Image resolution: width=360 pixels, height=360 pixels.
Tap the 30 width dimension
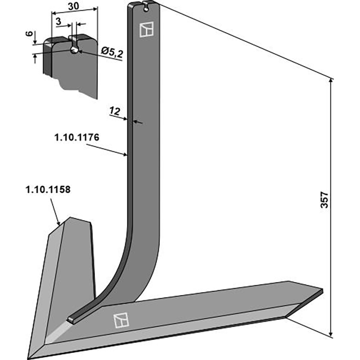coord(74,7)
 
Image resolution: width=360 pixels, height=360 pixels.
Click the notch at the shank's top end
coord(145,5)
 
